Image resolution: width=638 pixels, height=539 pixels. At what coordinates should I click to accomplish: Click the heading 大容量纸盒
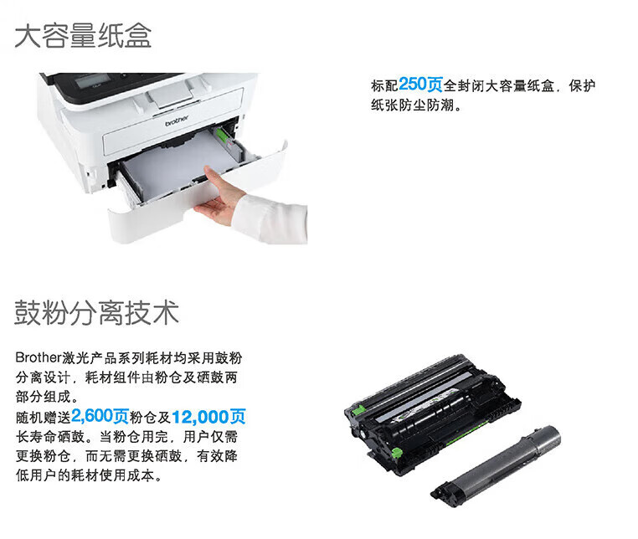[x=83, y=36]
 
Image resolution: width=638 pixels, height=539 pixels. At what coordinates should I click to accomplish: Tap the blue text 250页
[x=420, y=85]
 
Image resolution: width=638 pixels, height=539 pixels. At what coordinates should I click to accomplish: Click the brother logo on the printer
[x=177, y=121]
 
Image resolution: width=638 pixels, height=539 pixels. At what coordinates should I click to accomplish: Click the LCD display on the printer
[x=93, y=80]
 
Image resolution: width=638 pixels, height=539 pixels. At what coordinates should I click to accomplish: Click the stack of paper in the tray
[x=179, y=162]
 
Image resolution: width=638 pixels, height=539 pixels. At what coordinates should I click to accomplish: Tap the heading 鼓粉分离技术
[x=96, y=312]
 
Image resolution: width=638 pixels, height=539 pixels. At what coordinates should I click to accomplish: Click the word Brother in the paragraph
[x=39, y=357]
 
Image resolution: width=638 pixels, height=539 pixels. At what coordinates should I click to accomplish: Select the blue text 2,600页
[x=100, y=416]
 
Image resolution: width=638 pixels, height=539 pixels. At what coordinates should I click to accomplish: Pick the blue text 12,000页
[x=208, y=417]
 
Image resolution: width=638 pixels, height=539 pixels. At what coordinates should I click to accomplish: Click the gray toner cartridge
[x=497, y=466]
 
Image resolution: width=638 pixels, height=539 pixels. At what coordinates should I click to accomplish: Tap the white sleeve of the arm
[x=270, y=218]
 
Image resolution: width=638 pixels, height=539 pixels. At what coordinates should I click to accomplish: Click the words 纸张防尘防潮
[x=413, y=105]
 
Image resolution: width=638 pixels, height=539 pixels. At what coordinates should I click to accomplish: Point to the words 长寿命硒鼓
[x=50, y=437]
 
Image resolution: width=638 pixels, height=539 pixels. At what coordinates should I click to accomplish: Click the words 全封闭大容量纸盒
[x=499, y=86]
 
